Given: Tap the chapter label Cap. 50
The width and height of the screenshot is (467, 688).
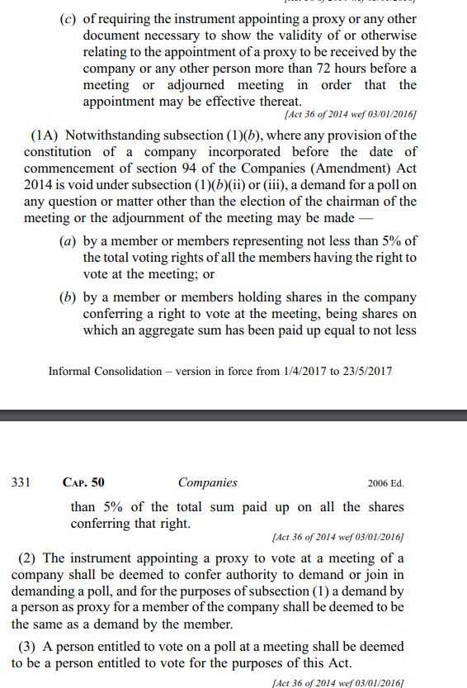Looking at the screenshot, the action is point(83,482).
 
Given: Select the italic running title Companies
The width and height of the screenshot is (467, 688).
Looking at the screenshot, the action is point(207,482).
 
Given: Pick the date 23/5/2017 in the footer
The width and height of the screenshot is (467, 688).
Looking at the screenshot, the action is point(365,371).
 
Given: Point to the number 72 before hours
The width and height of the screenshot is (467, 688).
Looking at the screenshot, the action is point(333,68).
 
